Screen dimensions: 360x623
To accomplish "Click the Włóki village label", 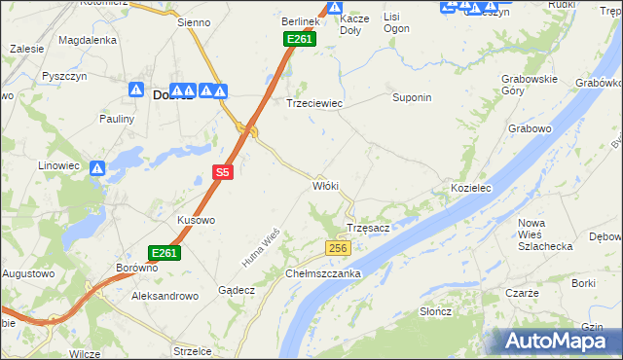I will (x=325, y=185).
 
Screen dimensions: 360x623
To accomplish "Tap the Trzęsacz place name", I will (x=369, y=228).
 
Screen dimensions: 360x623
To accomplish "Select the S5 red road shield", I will (x=223, y=172).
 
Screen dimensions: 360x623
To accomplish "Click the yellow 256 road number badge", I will (x=337, y=249).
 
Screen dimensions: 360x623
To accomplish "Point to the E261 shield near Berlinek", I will (x=298, y=39).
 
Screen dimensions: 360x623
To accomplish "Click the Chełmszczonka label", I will (x=323, y=273).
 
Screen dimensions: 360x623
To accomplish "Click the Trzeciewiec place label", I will (x=313, y=102).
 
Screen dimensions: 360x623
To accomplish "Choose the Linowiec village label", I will (x=58, y=166).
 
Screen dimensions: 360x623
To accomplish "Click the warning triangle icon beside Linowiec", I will (x=97, y=168).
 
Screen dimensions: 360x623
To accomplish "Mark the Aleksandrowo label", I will (x=165, y=295).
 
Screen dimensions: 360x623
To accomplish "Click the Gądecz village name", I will (x=237, y=290).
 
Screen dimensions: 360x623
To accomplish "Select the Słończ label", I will (x=434, y=310).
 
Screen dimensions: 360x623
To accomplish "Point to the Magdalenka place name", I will (x=88, y=40).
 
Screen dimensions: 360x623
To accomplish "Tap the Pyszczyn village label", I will (x=65, y=75).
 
